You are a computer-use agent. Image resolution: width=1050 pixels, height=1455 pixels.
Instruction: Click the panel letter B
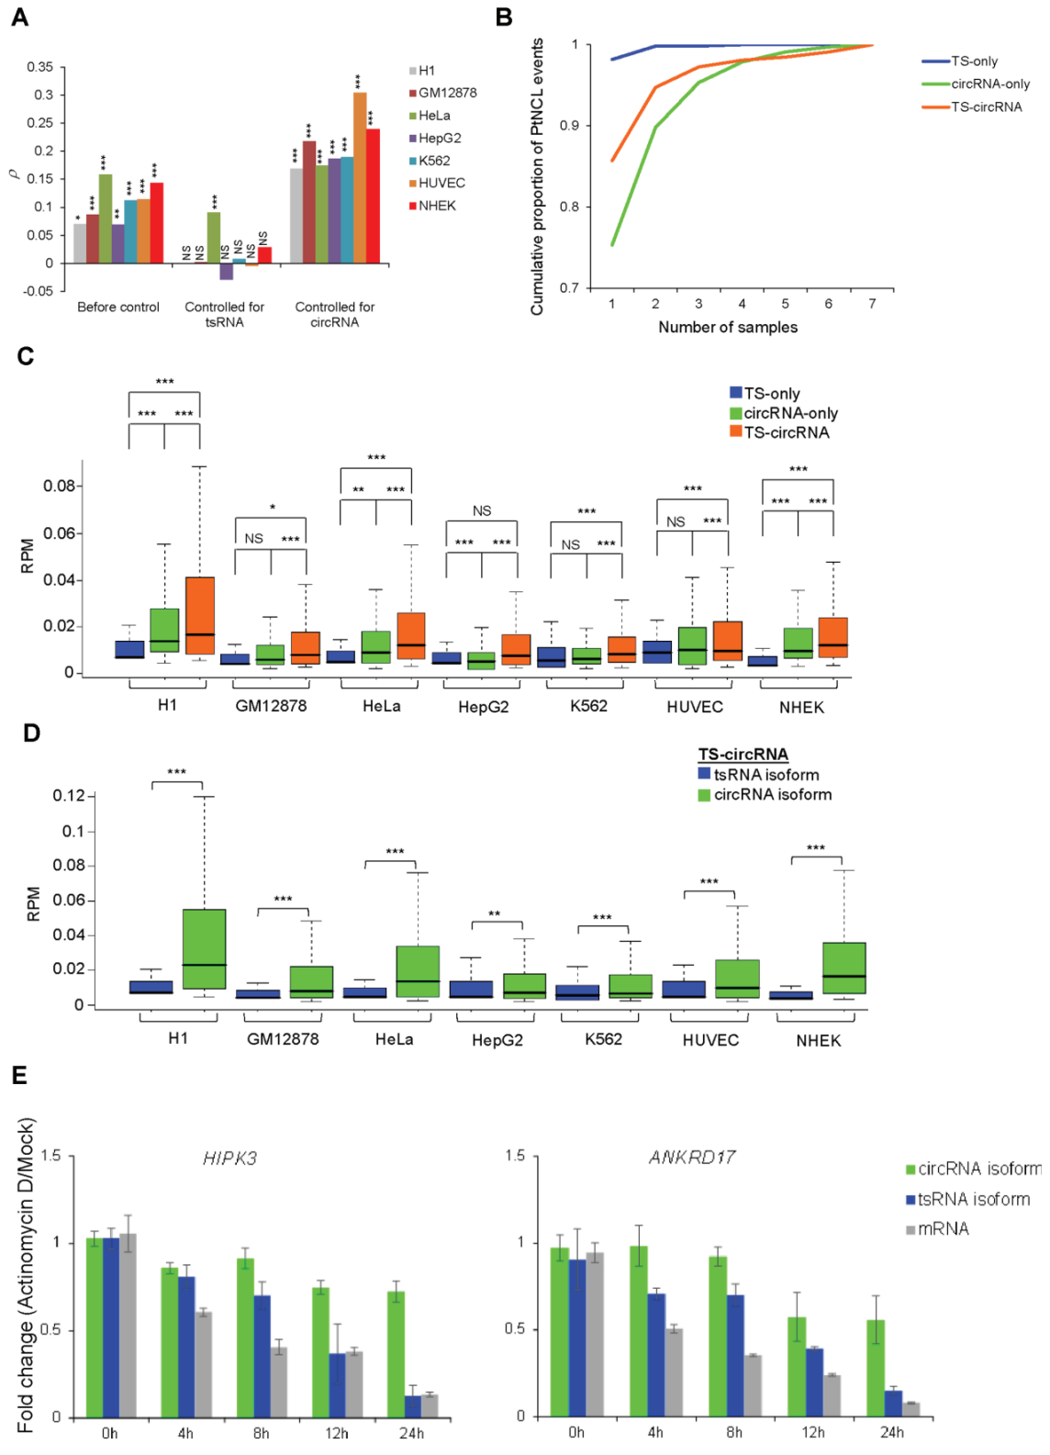click(504, 17)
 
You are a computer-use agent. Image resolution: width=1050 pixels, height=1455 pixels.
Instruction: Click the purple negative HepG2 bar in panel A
click(227, 272)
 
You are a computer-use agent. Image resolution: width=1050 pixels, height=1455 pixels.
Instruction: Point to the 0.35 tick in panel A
click(40, 67)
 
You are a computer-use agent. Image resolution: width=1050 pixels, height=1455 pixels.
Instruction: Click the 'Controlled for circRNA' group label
click(334, 314)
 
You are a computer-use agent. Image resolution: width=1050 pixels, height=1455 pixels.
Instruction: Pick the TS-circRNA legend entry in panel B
click(986, 107)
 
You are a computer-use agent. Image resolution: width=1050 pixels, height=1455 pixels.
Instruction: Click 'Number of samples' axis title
click(728, 328)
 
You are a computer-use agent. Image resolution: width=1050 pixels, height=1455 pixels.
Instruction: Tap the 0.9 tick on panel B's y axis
click(569, 126)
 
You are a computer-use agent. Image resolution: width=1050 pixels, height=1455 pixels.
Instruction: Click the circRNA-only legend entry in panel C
click(790, 413)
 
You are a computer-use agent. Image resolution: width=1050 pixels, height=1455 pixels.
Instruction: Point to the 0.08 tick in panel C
click(59, 486)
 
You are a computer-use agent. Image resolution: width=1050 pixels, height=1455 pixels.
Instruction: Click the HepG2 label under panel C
click(484, 707)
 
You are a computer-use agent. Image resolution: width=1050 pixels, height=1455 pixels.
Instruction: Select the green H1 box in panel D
click(204, 948)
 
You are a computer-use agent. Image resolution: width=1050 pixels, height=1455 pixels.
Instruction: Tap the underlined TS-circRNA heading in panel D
click(743, 755)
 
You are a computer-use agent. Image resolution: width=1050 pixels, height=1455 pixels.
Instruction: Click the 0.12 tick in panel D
click(68, 796)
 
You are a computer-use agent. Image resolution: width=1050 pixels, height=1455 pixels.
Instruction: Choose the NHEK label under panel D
click(819, 1041)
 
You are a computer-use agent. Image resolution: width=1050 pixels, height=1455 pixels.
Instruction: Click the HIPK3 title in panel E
click(229, 1158)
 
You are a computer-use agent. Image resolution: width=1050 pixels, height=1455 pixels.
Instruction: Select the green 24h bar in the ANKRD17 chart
click(876, 1368)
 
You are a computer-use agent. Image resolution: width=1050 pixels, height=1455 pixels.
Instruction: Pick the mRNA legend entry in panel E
click(943, 1229)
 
